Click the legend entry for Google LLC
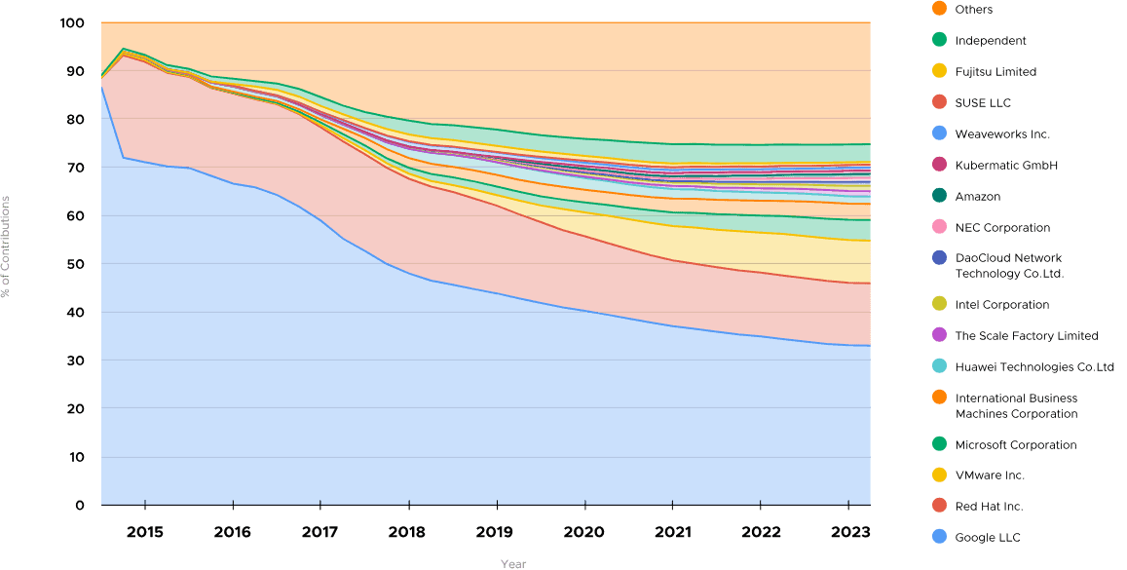point(987,538)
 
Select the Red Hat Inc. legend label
point(988,507)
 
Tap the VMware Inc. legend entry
point(989,475)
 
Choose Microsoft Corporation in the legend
point(1015,445)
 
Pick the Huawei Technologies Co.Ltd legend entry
point(1033,367)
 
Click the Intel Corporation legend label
point(1001,305)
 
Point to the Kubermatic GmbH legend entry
point(1005,166)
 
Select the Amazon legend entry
point(977,197)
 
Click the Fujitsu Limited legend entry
point(995,72)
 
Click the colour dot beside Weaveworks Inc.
point(939,134)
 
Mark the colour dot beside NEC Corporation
point(939,228)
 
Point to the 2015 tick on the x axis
point(144,533)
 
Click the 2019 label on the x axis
point(496,533)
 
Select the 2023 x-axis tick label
point(847,533)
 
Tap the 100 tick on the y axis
point(73,22)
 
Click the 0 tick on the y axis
point(80,505)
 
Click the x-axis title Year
point(512,564)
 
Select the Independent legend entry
point(990,41)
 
